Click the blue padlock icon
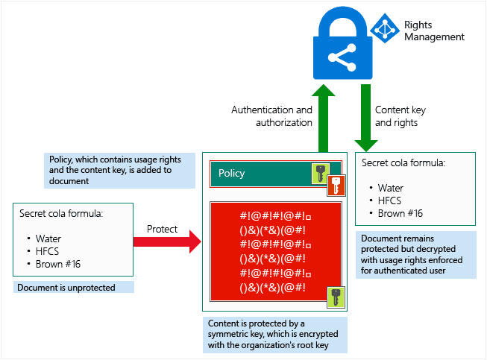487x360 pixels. coord(342,43)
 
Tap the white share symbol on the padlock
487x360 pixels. coord(342,57)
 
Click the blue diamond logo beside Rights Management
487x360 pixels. coord(385,28)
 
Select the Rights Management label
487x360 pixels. coord(434,31)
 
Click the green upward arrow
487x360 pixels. coord(324,119)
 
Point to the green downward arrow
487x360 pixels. coord(366,118)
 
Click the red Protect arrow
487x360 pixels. coord(167,241)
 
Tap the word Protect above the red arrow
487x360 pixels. coord(162,229)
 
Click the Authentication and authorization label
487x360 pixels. coord(271,116)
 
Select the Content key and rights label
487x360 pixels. coord(400,116)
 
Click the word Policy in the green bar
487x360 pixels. coord(231,173)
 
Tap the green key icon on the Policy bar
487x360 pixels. coord(321,173)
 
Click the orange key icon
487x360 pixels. coord(336,186)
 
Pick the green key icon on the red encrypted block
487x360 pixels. coord(336,297)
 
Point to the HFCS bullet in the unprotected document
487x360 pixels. coord(47,251)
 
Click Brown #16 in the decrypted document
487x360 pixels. coord(400,213)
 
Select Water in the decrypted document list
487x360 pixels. coord(390,188)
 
